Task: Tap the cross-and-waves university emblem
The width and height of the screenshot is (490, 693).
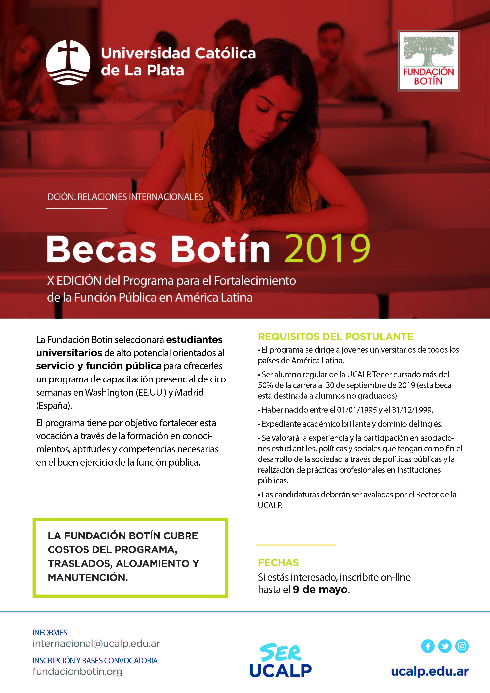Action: [68, 62]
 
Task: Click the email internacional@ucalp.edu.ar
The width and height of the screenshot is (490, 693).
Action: [96, 644]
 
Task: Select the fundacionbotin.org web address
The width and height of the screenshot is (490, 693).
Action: [77, 672]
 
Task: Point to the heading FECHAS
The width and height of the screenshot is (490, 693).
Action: [278, 563]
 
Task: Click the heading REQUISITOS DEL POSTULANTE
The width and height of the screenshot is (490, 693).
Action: [335, 337]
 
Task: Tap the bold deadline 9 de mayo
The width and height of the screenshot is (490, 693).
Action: [320, 589]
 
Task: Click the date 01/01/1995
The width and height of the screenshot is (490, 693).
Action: [357, 410]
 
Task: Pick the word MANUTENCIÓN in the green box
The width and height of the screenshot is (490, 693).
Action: [88, 577]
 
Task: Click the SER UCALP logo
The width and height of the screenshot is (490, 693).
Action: [281, 661]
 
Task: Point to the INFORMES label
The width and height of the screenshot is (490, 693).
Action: [50, 633]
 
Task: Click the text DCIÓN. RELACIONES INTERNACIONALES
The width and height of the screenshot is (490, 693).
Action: [125, 197]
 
